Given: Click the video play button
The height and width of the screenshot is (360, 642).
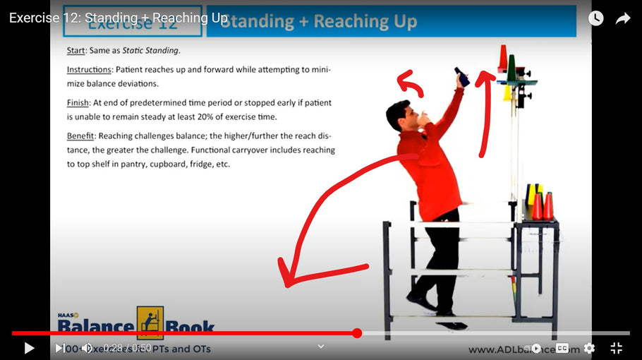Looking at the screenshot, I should tap(29, 348).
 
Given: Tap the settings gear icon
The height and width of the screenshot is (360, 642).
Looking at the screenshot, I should tap(589, 348).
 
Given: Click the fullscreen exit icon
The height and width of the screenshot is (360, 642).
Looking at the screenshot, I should tap(616, 348).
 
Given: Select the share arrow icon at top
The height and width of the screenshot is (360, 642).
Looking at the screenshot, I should tap(622, 18).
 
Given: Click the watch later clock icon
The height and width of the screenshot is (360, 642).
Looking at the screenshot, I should tap(596, 18).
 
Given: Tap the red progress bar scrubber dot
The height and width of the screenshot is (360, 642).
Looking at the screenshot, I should tap(357, 333).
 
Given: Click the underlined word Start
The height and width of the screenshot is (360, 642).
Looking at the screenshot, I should tap(75, 50).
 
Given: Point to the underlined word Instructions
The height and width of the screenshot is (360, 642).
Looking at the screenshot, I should tap(89, 70).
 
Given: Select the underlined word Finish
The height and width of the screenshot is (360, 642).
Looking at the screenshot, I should tap(78, 103).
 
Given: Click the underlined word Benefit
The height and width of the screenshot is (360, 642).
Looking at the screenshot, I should tap(81, 136).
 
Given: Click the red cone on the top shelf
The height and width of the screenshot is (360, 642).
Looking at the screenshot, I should tap(502, 59).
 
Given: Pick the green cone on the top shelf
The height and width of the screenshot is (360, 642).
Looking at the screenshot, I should tap(511, 67).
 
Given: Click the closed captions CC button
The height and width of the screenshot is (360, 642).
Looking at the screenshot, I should tap(562, 348).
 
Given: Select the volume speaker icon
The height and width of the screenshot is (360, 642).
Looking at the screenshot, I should tap(87, 348).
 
